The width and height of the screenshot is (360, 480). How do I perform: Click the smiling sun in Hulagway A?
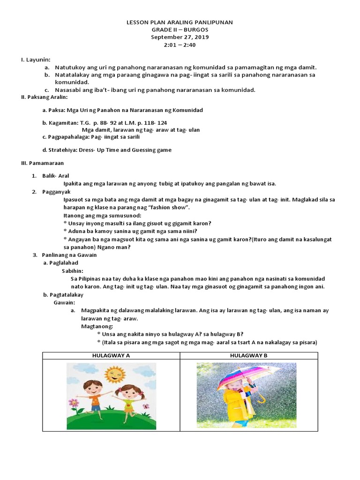(115, 374)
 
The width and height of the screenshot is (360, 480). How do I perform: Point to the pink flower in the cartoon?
(73, 402)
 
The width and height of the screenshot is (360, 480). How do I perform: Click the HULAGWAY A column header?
(111, 355)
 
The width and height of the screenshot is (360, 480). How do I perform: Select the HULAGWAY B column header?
(248, 355)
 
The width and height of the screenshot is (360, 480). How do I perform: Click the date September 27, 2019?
(180, 37)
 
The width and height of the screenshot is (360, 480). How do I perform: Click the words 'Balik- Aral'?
(56, 175)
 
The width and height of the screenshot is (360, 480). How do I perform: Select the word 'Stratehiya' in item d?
(60, 150)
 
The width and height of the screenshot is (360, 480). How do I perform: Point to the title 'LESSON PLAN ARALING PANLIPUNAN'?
(180, 22)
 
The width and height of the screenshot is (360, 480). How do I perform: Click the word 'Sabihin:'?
(73, 270)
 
